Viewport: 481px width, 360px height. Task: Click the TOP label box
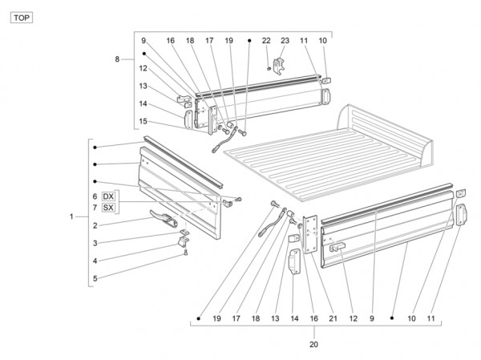click(x=22, y=16)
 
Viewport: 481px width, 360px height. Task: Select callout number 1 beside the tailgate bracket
click(x=72, y=216)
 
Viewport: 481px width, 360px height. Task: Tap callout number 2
click(x=95, y=226)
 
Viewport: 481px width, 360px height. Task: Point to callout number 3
click(x=95, y=243)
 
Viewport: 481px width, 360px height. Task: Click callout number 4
click(x=95, y=261)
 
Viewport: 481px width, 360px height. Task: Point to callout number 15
click(x=143, y=121)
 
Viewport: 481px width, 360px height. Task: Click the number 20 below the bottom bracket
click(x=313, y=345)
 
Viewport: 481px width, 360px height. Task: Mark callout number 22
click(x=266, y=40)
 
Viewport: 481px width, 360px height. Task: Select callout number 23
click(x=285, y=40)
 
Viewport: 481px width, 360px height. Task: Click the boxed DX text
click(x=109, y=196)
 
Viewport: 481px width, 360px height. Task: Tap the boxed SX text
click(x=109, y=208)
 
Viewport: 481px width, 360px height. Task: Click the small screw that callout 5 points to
click(x=186, y=252)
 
